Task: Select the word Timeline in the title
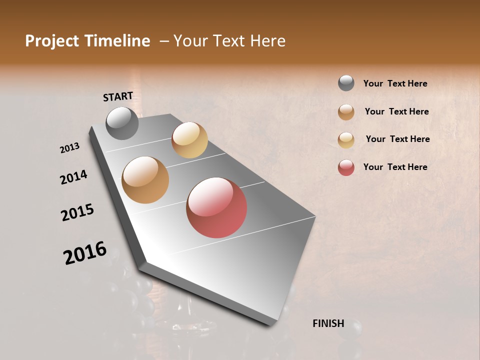tap(117, 41)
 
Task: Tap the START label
tap(118, 96)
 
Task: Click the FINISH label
tap(328, 323)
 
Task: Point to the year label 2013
tap(70, 148)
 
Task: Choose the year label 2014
tap(73, 177)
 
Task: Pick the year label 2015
tap(77, 212)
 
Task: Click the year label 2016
tap(85, 253)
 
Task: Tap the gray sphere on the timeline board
tap(122, 123)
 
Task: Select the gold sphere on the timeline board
tap(189, 140)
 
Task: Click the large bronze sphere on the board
tap(145, 180)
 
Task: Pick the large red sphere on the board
tap(216, 207)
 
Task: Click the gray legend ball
tap(346, 83)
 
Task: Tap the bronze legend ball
tap(346, 112)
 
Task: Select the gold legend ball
tap(346, 140)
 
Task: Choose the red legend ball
tap(346, 167)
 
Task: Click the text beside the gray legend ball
tap(395, 83)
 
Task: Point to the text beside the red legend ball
tap(395, 167)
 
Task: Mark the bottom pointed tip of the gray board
tap(270, 325)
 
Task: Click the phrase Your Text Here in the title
tap(229, 41)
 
